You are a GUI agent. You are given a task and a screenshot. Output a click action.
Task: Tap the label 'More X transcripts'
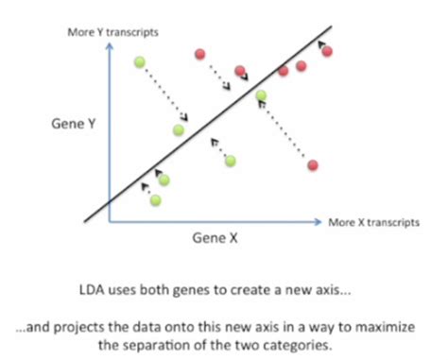click(x=374, y=223)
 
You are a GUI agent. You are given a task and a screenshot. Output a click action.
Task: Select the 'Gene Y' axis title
click(x=75, y=124)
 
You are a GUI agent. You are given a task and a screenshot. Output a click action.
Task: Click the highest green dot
click(x=140, y=63)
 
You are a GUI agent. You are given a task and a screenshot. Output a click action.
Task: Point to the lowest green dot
click(x=155, y=199)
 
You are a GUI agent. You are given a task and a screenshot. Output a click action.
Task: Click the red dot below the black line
click(x=312, y=165)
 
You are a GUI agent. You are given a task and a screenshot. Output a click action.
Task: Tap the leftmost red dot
click(x=199, y=53)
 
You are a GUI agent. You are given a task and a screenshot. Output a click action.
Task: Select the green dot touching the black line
click(x=261, y=94)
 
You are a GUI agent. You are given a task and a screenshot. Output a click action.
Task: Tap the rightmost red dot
click(x=327, y=51)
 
